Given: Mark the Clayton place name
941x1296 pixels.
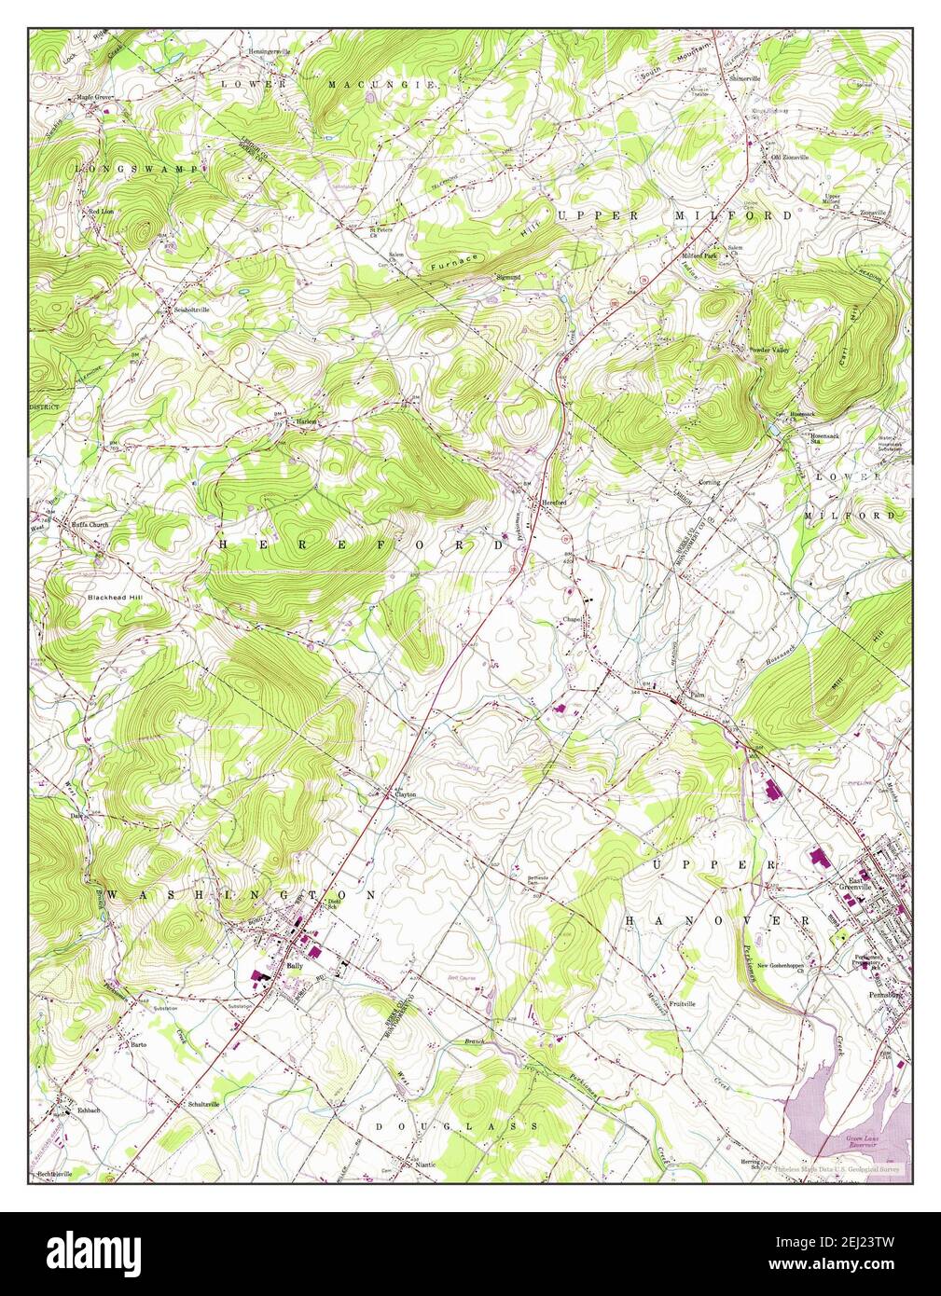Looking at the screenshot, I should (x=403, y=794).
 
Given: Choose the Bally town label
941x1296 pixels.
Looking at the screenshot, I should (x=296, y=966).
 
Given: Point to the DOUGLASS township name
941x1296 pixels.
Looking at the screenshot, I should (x=457, y=1126).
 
